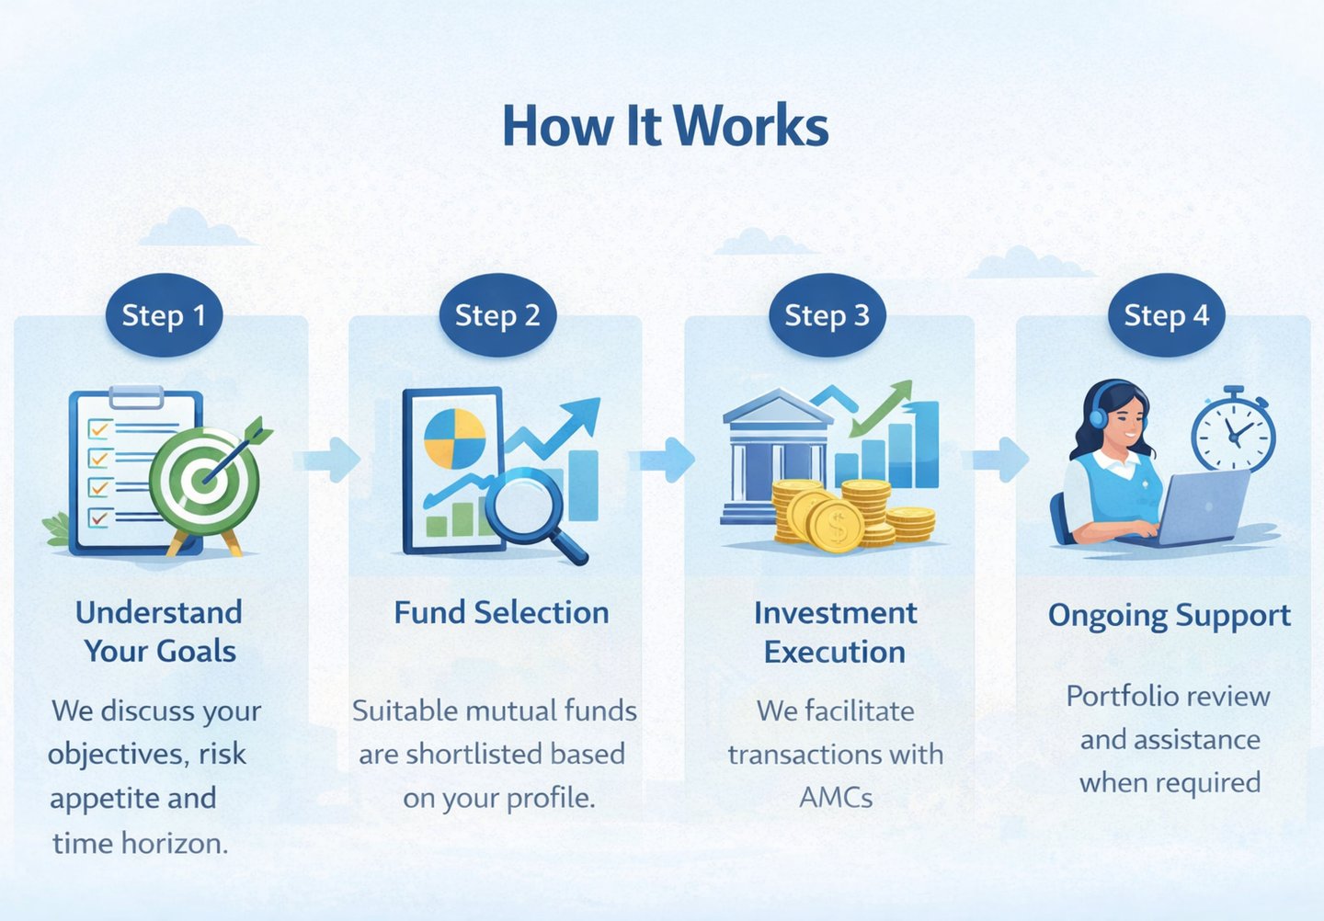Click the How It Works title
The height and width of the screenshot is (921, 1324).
point(665,126)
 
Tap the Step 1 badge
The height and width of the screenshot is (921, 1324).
point(164,315)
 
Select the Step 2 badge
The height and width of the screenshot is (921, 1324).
point(497,315)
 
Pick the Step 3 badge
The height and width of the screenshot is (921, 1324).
point(827,315)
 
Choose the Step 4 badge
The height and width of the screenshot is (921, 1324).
point(1166,315)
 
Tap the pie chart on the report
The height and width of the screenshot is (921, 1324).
point(454,438)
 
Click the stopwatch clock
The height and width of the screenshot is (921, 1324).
point(1233,433)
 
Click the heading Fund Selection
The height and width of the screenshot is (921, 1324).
point(501,612)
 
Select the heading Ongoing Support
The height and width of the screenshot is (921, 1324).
point(1169,615)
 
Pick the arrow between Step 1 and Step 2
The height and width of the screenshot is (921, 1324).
point(332,459)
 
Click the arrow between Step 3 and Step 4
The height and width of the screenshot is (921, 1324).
point(999,459)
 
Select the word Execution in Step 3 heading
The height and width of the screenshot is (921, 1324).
point(835,652)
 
